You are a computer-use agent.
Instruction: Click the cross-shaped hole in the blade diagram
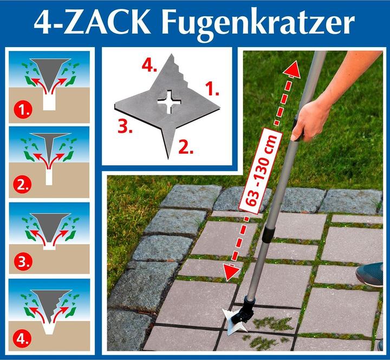[x=170, y=101]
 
